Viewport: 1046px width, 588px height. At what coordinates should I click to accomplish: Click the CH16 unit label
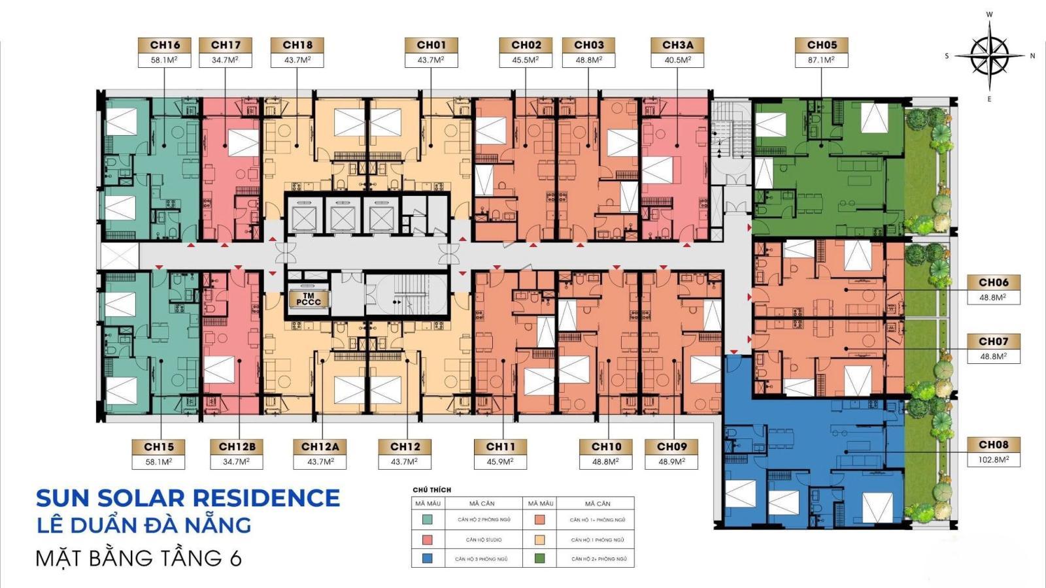tap(165, 45)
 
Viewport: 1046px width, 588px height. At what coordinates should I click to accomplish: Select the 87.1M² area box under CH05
tap(822, 60)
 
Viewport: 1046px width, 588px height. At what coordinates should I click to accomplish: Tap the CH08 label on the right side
tap(993, 445)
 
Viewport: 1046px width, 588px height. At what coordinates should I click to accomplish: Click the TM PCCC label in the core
tap(308, 299)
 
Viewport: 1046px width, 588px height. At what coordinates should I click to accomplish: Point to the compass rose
tap(989, 56)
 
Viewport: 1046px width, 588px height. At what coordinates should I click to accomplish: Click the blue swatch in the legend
tap(427, 559)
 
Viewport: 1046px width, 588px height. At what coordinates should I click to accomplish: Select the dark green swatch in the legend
tap(539, 559)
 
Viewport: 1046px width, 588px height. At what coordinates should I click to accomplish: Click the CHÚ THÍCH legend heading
tap(431, 489)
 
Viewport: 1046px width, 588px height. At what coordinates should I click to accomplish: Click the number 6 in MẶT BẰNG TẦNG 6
tap(236, 558)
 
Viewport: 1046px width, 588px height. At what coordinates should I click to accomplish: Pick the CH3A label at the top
tap(677, 45)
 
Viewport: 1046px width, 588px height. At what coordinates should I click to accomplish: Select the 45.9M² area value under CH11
tap(500, 461)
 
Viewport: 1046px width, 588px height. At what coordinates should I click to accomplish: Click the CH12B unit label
tap(237, 447)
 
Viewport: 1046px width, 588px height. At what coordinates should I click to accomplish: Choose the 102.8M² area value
tap(993, 459)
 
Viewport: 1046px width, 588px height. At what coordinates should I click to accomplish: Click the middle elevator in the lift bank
tap(341, 216)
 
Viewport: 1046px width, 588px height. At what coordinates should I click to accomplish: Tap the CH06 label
tap(993, 283)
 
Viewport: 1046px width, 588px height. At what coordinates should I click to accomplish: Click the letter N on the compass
tap(1032, 56)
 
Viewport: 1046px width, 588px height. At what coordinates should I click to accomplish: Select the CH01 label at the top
tap(431, 45)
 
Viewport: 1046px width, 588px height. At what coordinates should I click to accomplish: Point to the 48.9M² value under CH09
tap(671, 461)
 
